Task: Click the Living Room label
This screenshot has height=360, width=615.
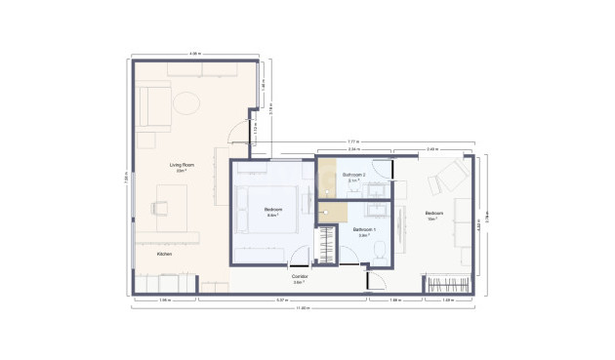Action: (x=182, y=166)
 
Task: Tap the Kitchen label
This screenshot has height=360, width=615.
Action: (x=165, y=254)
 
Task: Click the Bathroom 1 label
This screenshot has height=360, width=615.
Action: (x=364, y=230)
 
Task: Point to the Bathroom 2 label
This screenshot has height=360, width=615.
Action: (x=353, y=176)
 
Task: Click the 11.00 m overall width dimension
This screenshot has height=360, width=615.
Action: (x=304, y=308)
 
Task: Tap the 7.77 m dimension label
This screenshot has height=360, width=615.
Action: (x=352, y=141)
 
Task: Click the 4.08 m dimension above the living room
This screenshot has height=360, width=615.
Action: (x=194, y=54)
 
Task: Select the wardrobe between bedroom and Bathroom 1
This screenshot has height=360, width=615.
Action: (x=326, y=245)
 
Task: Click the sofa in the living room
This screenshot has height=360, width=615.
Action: (x=151, y=106)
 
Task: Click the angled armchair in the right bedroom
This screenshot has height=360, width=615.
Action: (x=450, y=177)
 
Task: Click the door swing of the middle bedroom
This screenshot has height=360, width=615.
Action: (x=300, y=256)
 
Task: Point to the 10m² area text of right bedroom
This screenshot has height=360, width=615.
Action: (x=431, y=220)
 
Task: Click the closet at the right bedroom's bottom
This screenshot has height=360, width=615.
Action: (x=450, y=285)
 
